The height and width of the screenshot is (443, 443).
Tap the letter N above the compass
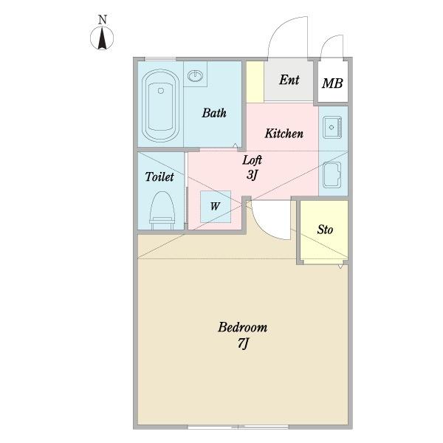pyautogui.click(x=103, y=20)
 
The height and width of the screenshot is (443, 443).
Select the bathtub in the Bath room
pyautogui.click(x=160, y=106)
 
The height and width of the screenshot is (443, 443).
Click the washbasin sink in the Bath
pyautogui.click(x=195, y=75)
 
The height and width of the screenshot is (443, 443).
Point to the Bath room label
pyautogui.click(x=214, y=113)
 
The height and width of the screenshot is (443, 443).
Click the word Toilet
pyautogui.click(x=159, y=176)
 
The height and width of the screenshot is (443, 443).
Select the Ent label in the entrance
pyautogui.click(x=289, y=80)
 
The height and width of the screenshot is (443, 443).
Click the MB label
pyautogui.click(x=332, y=83)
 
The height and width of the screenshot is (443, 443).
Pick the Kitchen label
pyautogui.click(x=284, y=134)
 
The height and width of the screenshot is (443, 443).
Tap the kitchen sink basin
pyautogui.click(x=332, y=127)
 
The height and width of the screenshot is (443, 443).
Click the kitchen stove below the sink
pyautogui.click(x=332, y=174)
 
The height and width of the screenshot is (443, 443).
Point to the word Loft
pyautogui.click(x=252, y=160)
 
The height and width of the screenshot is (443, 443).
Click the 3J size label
pyautogui.click(x=252, y=174)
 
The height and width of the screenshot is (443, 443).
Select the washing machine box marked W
pyautogui.click(x=216, y=207)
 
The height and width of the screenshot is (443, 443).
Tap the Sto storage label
pyautogui.click(x=325, y=230)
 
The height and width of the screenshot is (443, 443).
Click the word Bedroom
pyautogui.click(x=242, y=327)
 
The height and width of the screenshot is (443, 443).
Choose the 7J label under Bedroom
pyautogui.click(x=243, y=343)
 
